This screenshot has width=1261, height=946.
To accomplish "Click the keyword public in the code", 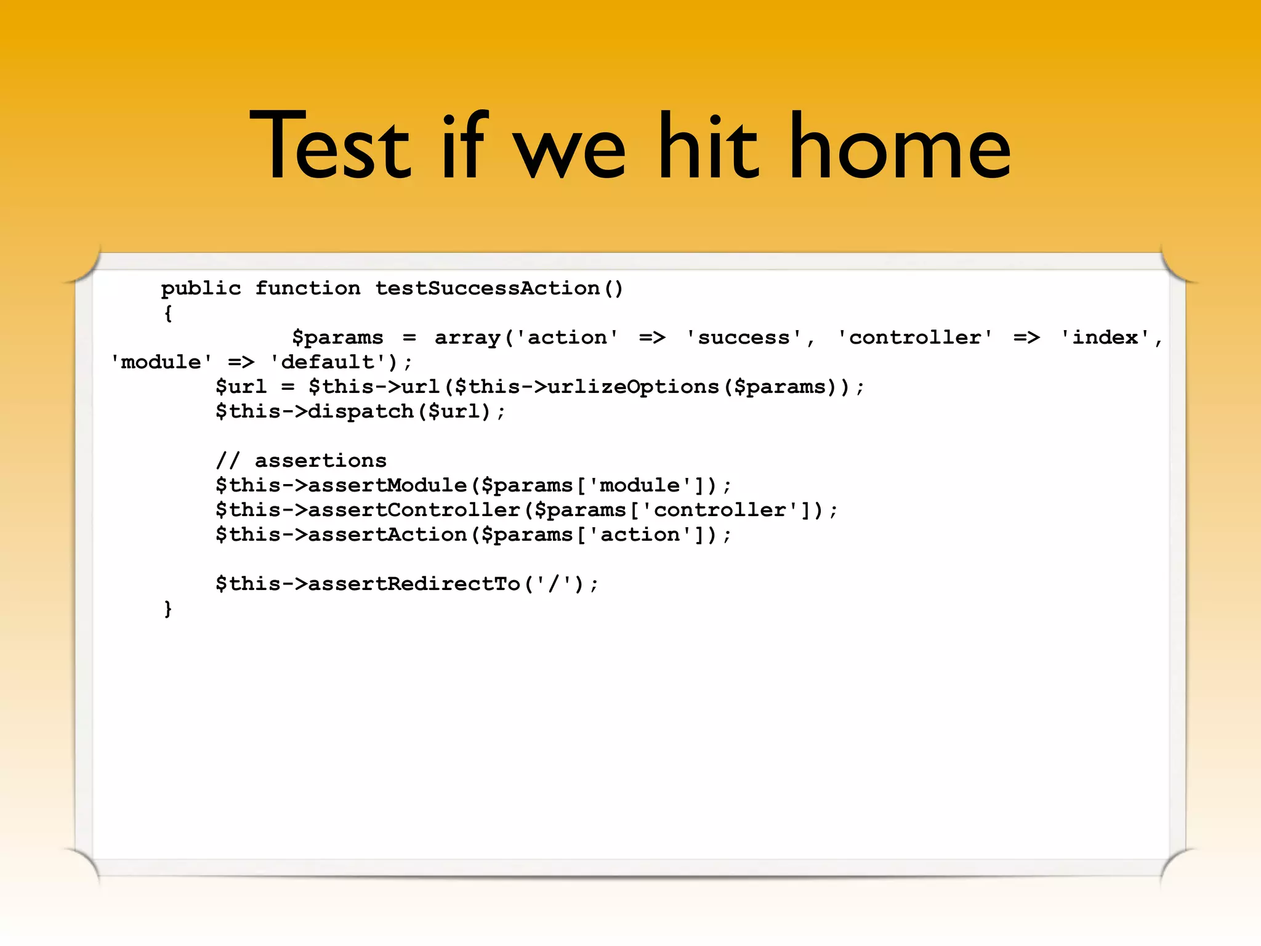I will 201,288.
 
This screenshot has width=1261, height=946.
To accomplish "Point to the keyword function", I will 307,288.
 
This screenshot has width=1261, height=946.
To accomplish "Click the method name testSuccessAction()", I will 499,288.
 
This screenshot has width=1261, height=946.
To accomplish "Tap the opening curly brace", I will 167,313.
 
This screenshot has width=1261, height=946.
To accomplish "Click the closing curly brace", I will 167,608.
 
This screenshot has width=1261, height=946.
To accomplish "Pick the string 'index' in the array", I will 1105,338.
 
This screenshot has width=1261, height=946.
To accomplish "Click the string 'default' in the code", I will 328,362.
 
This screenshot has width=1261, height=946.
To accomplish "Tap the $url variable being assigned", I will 241,387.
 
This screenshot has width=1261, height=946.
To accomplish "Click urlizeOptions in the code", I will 633,387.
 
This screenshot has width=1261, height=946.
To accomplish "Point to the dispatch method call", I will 360,411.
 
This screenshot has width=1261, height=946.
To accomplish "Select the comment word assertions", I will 320,461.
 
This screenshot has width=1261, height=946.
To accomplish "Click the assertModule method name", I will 387,485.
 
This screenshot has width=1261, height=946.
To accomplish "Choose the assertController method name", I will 414,510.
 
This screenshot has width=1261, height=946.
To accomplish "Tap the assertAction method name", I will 387,535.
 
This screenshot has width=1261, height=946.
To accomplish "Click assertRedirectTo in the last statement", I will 414,584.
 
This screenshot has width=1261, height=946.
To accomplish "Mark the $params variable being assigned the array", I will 337,338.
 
